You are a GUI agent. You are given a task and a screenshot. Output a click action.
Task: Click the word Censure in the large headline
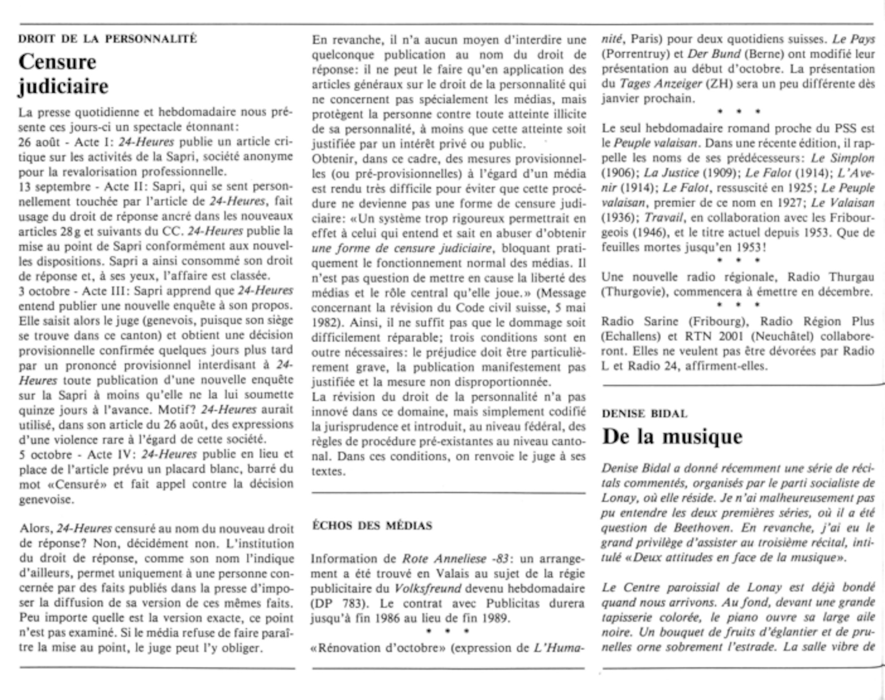(58, 62)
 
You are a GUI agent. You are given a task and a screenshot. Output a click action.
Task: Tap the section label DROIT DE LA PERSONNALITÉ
(108, 39)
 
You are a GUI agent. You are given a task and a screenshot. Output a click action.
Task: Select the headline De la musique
(672, 437)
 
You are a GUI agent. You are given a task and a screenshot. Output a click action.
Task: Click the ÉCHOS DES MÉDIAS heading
(372, 526)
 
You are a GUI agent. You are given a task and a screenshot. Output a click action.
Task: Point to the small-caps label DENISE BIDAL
(644, 414)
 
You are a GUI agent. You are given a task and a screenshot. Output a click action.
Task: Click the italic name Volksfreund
(427, 588)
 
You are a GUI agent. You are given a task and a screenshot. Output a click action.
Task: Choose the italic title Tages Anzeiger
(660, 84)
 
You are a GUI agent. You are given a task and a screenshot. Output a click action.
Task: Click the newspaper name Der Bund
(714, 54)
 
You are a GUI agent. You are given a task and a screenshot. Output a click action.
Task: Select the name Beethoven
(702, 528)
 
